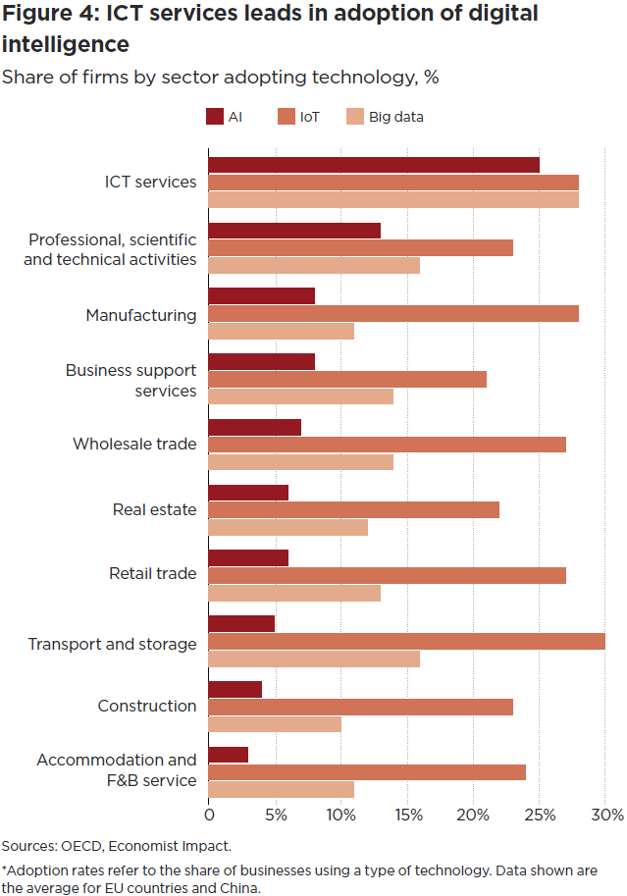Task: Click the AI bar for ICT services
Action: coord(374,165)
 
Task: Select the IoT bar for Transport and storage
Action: coord(406,642)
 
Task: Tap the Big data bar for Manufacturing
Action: coord(281,332)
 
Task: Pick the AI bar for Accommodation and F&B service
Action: coord(229,754)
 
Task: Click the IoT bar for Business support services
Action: coord(347,379)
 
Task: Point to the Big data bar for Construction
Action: coord(275,724)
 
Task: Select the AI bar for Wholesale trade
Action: coord(255,427)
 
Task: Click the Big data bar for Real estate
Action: coord(287,528)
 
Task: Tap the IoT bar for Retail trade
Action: coord(387,575)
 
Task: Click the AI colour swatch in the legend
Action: coord(215,117)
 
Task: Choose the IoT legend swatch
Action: coord(287,117)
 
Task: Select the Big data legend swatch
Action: coord(355,117)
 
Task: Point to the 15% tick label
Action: coord(407,815)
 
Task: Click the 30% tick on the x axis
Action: coord(606,815)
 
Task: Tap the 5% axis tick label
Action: coord(276,815)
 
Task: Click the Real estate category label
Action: coord(154,509)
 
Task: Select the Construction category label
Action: coord(147,706)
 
